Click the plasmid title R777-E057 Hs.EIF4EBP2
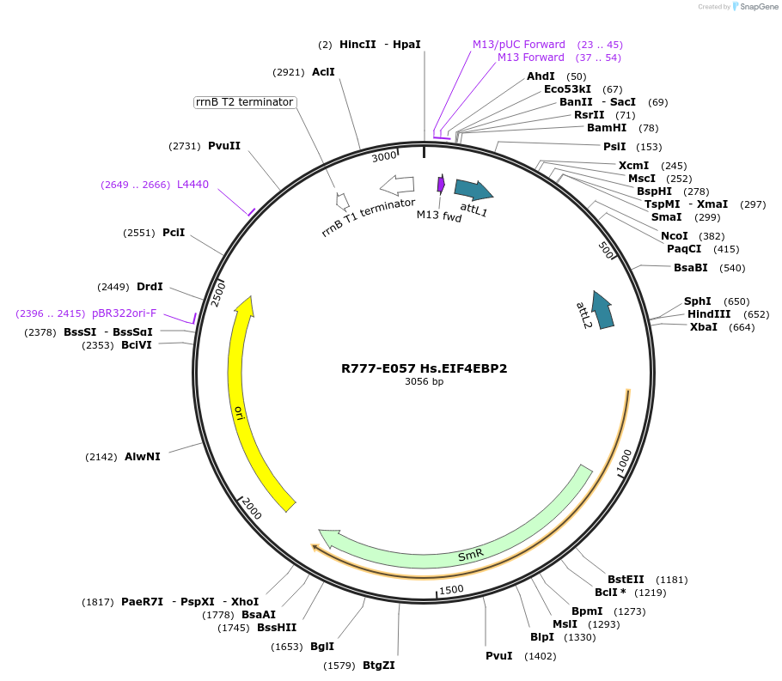tap(424, 368)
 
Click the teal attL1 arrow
tap(473, 190)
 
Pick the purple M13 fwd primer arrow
tap(441, 184)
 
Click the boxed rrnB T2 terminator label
tap(245, 102)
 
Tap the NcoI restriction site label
tap(674, 236)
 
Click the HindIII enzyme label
tap(709, 314)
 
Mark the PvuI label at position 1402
tap(499, 656)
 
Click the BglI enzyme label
tap(322, 647)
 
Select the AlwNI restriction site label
tap(143, 457)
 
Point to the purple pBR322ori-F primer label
tap(125, 313)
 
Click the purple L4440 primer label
tap(192, 185)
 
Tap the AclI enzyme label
tap(323, 72)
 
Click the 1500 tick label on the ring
tap(451, 590)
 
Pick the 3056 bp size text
tap(424, 382)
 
